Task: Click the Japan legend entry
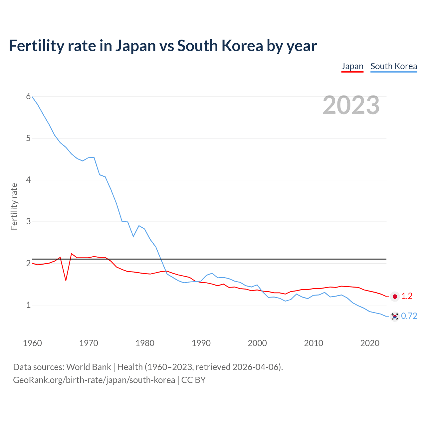[x=352, y=66]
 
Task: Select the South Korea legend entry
[x=394, y=66]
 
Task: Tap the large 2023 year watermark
[x=351, y=105]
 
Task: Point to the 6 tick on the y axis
[x=28, y=97]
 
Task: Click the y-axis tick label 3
[x=28, y=221]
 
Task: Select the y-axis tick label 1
[x=28, y=305]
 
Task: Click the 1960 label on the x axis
[x=32, y=343]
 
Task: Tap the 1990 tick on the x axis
[x=201, y=343]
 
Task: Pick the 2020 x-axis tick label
[x=370, y=343]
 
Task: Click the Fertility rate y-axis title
[x=14, y=206]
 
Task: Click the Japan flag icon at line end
[x=395, y=296]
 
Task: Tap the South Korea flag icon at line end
[x=395, y=316]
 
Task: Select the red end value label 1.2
[x=407, y=296]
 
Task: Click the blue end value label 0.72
[x=409, y=316]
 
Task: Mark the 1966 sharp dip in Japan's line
[x=66, y=280]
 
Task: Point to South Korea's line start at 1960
[x=32, y=97]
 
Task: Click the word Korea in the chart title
[x=242, y=46]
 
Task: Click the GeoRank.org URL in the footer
[x=94, y=380]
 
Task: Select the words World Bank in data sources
[x=89, y=367]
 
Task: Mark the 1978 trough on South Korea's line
[x=133, y=236]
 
